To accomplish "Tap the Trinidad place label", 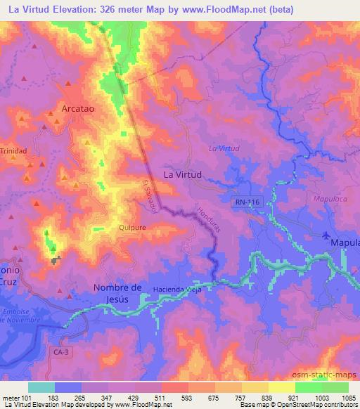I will (13, 151).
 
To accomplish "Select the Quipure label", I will (112, 227).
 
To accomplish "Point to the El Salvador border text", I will (148, 194).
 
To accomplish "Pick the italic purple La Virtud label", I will (224, 148).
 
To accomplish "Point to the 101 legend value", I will (27, 397).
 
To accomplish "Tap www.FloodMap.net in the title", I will (209, 9).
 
